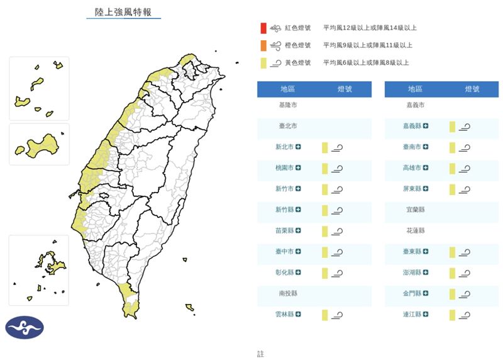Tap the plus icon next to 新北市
click(x=298, y=147)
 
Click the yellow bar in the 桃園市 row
click(x=325, y=168)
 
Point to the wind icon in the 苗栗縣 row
click(x=337, y=231)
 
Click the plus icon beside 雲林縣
click(x=298, y=314)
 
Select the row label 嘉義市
click(x=415, y=105)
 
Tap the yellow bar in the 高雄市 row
click(x=452, y=168)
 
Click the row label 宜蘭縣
click(x=415, y=210)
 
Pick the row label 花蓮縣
click(x=415, y=230)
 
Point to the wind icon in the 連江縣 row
click(x=465, y=315)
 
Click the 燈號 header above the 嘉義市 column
click(x=472, y=89)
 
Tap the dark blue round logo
click(x=25, y=327)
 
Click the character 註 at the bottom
click(x=261, y=354)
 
